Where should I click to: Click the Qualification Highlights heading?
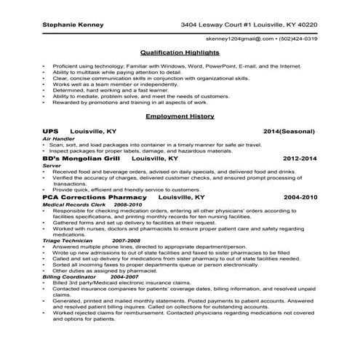(180, 53)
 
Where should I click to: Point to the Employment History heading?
(180, 116)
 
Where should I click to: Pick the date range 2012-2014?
(300, 158)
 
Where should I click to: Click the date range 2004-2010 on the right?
(300, 197)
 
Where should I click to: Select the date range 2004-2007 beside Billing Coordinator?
(125, 277)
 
